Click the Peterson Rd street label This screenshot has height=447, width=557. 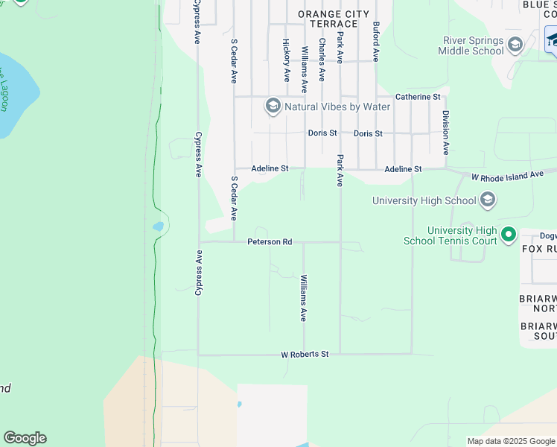(270, 242)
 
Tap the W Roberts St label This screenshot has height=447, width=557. (305, 355)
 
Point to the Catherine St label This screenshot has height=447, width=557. (418, 97)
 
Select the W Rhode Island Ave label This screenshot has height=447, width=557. (508, 176)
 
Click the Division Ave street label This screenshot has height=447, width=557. (445, 133)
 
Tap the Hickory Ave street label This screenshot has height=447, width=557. (286, 60)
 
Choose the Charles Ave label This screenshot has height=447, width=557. (322, 60)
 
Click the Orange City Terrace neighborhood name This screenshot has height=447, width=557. (333, 19)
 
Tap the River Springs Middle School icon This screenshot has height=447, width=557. (515, 45)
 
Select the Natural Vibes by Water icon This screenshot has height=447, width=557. (273, 107)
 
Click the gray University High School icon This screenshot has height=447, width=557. (487, 200)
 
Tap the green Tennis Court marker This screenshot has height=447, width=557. (509, 235)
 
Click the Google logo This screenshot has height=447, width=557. (25, 438)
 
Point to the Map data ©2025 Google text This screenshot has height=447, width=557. (511, 441)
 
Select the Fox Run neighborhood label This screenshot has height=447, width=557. (539, 248)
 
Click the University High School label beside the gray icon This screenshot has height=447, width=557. (424, 200)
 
